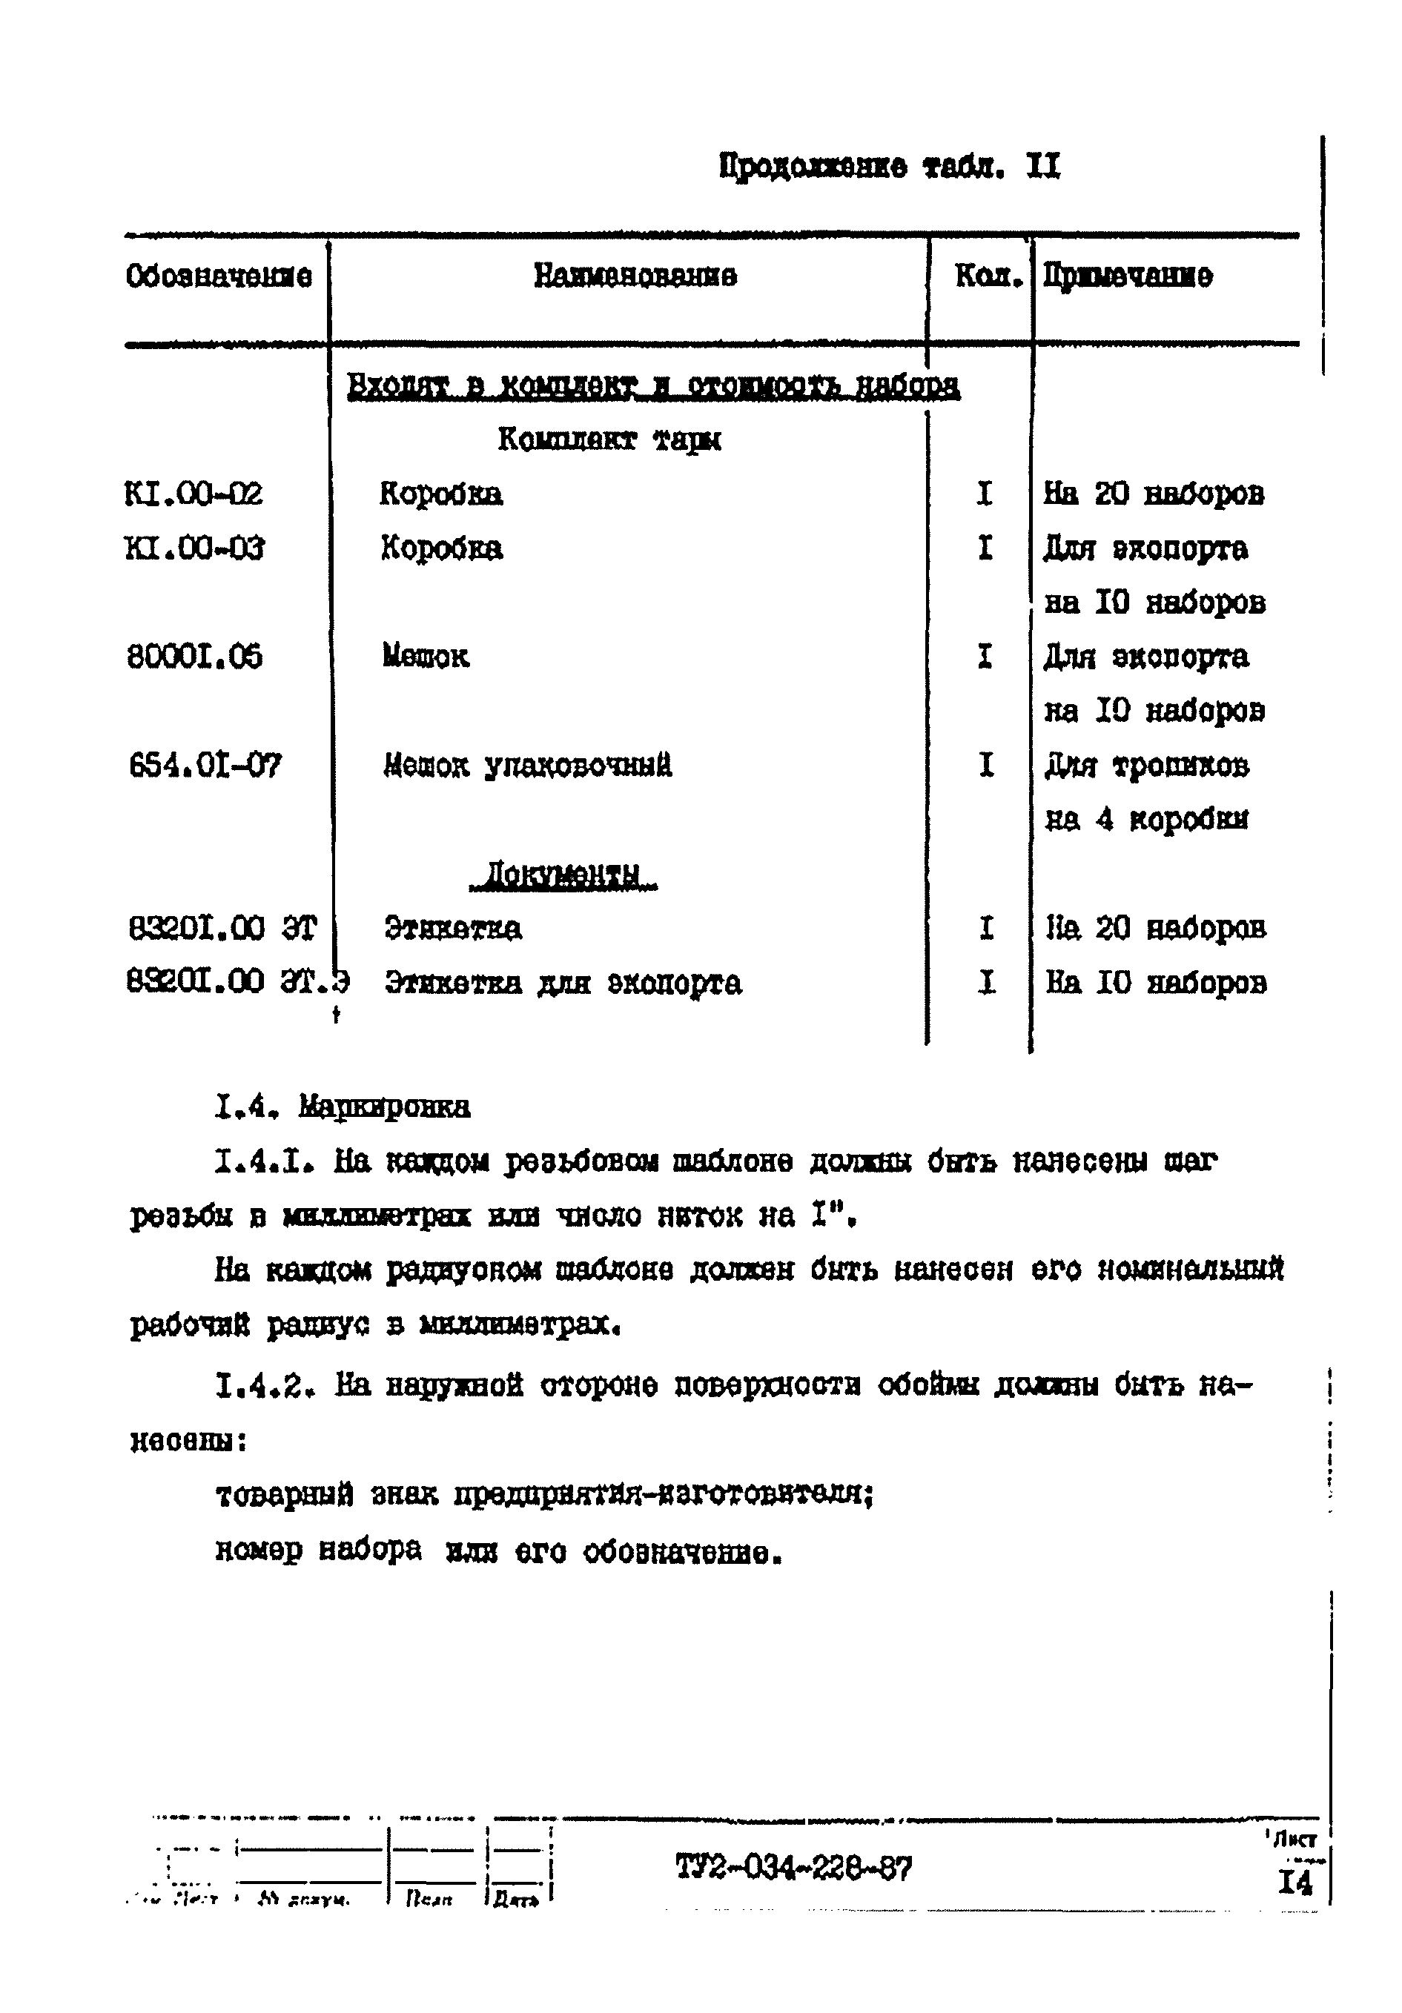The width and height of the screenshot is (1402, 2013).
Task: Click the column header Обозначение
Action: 219,277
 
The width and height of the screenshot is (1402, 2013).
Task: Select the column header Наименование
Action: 635,277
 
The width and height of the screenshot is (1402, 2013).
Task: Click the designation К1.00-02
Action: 194,494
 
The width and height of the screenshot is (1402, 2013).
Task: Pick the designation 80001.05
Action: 195,657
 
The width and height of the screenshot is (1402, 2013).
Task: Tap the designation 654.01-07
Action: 205,766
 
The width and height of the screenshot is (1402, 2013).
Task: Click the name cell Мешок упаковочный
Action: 528,766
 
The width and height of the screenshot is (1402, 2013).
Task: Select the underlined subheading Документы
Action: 563,874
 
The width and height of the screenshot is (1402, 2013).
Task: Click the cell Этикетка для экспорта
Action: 563,983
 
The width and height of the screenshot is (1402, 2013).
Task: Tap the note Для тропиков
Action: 1147,766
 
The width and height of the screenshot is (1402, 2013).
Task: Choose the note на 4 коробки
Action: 1147,820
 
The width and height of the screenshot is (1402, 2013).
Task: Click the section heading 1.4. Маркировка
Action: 343,1107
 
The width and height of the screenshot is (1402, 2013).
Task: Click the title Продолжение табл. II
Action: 889,166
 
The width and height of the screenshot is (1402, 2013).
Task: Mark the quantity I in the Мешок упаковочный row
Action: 986,766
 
